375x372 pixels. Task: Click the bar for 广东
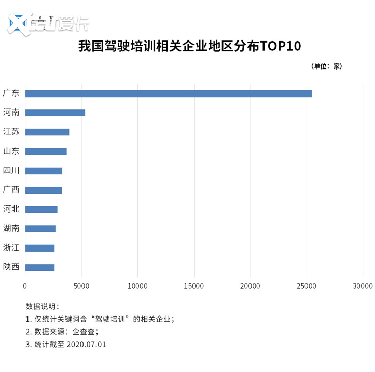[168, 93]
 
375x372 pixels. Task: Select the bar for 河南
[55, 113]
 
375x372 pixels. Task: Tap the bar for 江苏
[47, 132]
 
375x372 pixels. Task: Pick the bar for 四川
[44, 171]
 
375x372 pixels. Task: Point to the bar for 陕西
[39, 267]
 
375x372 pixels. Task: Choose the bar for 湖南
[40, 228]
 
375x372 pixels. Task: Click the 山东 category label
[11, 151]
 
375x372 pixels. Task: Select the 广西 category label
[11, 190]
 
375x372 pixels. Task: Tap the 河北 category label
[11, 209]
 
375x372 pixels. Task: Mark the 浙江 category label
[11, 248]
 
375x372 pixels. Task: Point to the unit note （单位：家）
[326, 66]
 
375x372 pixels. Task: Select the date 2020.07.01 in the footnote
[86, 344]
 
